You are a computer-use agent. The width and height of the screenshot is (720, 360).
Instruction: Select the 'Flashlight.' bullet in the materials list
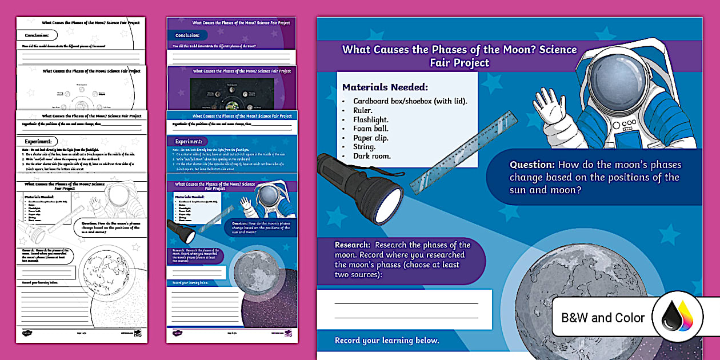point(370,119)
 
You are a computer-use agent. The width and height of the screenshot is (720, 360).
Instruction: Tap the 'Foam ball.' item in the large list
point(370,129)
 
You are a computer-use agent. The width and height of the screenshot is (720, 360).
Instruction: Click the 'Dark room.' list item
point(371,156)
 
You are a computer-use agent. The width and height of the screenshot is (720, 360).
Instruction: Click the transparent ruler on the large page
point(465,151)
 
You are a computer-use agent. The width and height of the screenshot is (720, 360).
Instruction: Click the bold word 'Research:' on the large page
point(353,245)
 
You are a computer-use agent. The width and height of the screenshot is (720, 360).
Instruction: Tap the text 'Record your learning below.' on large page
point(387,341)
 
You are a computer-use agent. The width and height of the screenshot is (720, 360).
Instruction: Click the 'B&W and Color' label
point(603,318)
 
